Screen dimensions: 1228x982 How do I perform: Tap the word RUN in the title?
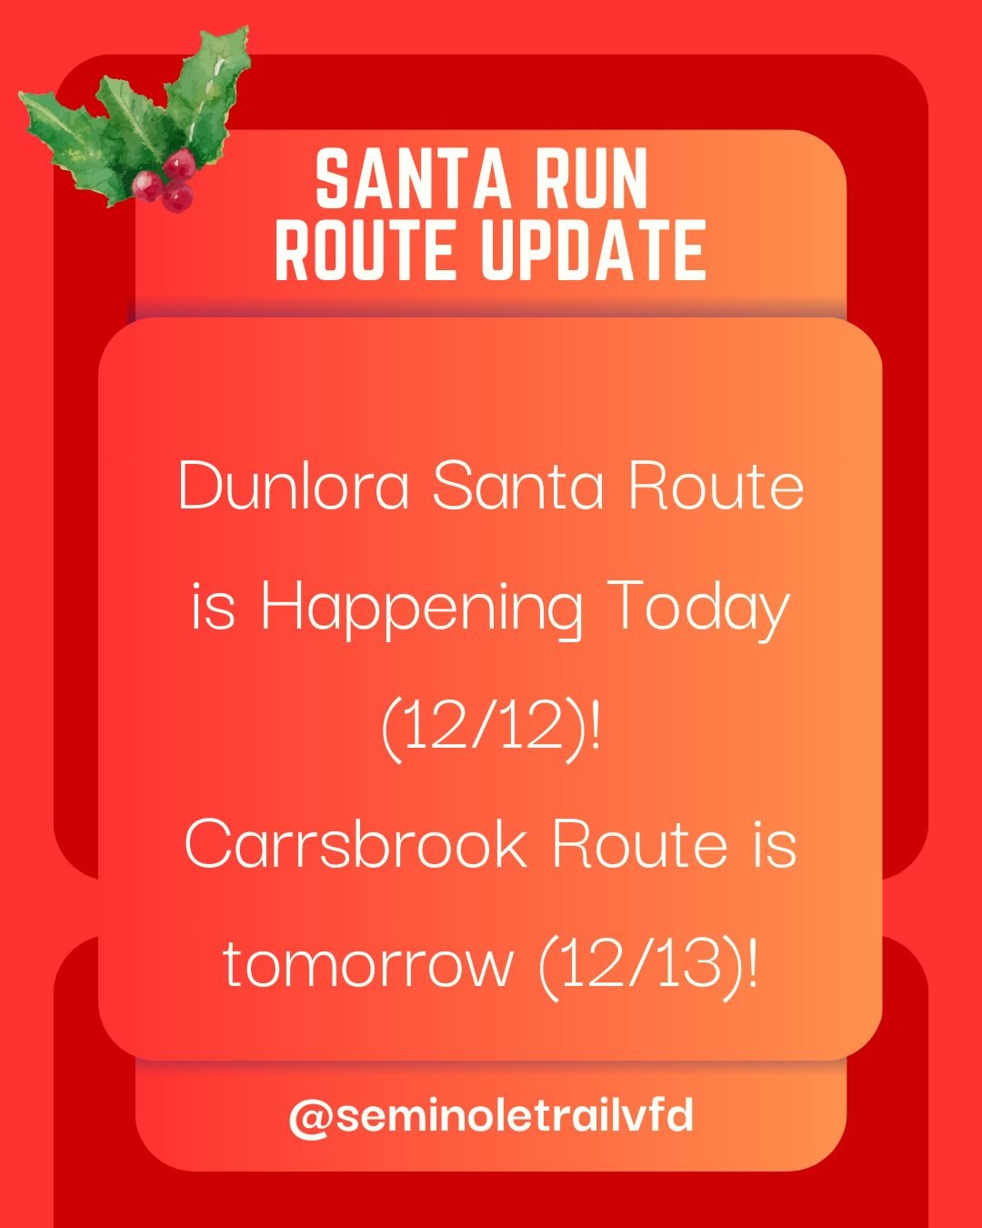(591, 179)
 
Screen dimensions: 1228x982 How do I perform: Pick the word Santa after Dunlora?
(517, 486)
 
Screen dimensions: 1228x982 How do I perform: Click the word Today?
(698, 607)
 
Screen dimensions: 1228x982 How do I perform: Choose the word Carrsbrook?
(356, 844)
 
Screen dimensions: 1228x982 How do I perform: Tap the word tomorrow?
(368, 963)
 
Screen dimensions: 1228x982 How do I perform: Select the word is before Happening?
(214, 607)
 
